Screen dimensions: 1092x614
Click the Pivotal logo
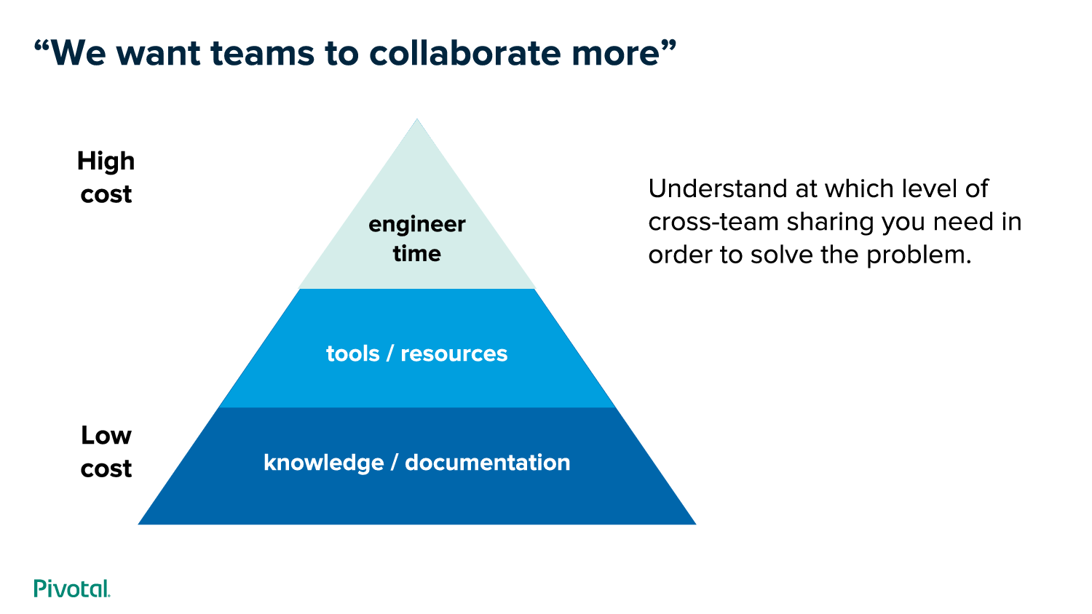coord(72,589)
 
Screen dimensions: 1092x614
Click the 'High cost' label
coord(106,178)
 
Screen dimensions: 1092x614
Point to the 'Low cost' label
coord(106,452)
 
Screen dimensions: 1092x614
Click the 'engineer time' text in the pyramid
coord(417,239)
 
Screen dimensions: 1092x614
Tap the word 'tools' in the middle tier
coord(352,354)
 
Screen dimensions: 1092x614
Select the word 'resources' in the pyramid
coord(454,354)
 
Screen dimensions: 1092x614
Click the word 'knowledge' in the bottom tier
coord(323,463)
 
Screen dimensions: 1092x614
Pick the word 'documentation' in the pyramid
coord(488,463)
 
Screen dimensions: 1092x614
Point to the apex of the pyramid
coord(417,121)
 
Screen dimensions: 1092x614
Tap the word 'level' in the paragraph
coord(929,189)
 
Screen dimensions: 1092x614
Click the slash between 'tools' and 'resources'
coord(390,354)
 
